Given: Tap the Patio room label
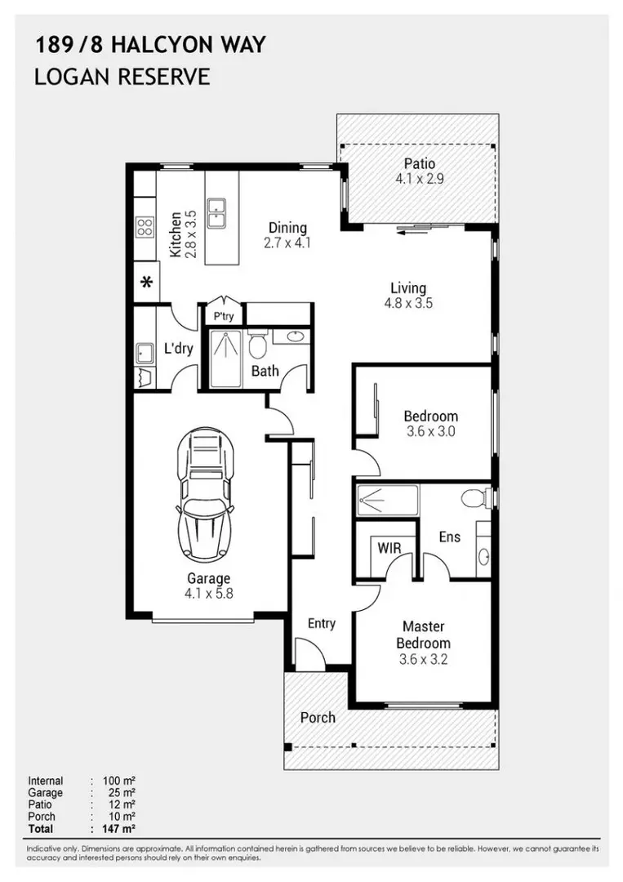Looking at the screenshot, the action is pos(420,163).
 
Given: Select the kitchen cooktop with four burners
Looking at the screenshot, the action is pos(145,228).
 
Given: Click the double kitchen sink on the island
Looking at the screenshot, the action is pos(216,212).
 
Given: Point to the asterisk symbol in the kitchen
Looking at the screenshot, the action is pos(147,282).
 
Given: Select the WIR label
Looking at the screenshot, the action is pos(389,548).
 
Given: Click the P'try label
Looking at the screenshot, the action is pos(223,317).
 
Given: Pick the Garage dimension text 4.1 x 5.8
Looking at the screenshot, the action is pos(208,593).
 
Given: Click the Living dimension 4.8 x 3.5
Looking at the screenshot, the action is pos(408,303).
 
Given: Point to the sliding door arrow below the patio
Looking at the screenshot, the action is pos(415,229).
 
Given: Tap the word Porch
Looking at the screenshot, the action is pos(318,718).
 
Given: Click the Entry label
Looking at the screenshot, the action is pos(322,623).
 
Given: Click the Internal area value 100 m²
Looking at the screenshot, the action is pos(119,781).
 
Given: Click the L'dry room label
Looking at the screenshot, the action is pos(178,348).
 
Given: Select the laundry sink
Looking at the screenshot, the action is pos(145,353).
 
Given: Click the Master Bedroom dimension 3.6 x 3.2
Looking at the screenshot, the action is pos(424,659).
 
